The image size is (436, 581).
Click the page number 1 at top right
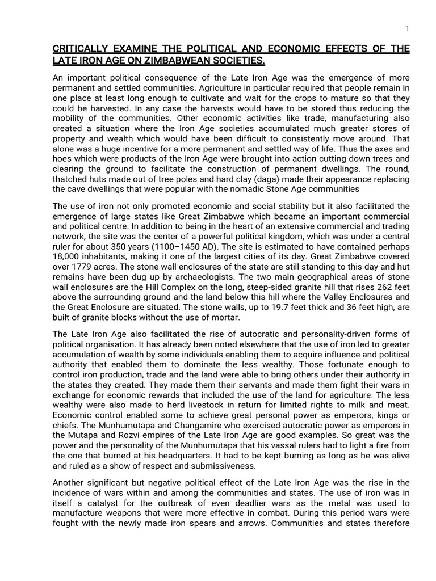(407, 29)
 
